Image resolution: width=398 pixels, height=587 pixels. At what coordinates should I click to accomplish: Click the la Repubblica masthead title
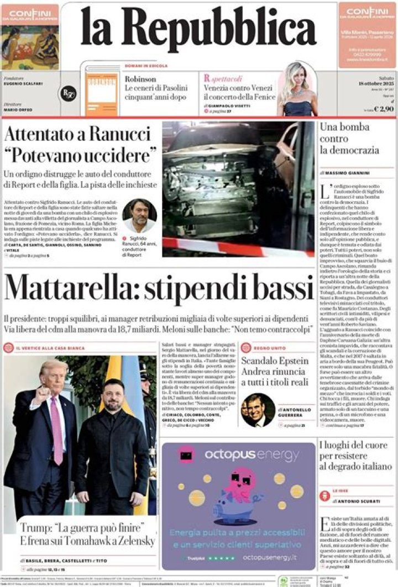click(198, 27)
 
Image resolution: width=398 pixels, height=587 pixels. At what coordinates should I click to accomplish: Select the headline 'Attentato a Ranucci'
click(77, 134)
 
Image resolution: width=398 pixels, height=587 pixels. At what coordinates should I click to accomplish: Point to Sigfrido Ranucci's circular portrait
click(139, 215)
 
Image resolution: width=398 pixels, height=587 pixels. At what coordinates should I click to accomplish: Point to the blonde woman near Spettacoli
click(297, 88)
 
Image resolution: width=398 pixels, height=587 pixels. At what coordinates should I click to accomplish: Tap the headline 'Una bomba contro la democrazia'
click(349, 138)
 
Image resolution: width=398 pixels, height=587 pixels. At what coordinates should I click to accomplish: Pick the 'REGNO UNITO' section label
click(271, 348)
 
